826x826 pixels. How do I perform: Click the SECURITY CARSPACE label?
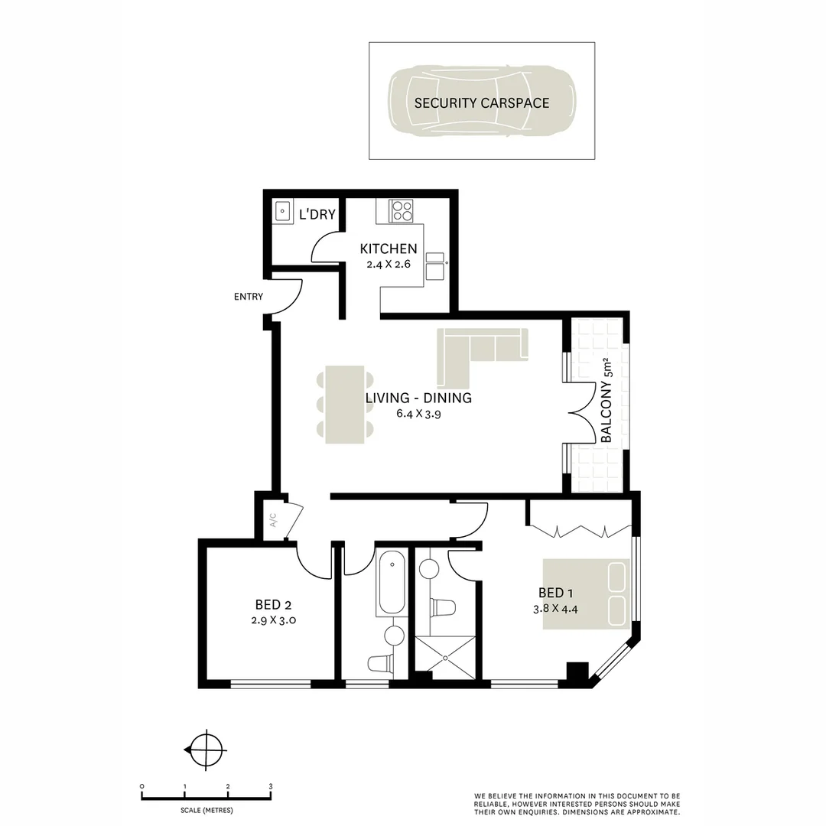482,102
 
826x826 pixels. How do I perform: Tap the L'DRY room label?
317,214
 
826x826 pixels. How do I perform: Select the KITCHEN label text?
389,249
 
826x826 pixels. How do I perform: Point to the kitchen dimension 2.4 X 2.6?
389,265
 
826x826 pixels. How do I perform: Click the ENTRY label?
249,297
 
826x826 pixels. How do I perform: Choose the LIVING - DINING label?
418,398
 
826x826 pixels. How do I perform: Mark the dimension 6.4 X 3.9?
418,415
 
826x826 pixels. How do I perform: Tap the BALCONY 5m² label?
609,401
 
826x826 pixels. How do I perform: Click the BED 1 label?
556,593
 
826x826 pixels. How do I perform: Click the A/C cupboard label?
273,521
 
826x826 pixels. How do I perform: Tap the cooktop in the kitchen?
402,210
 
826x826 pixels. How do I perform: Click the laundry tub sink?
282,211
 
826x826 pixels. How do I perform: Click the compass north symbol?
206,750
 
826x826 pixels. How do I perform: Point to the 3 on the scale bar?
271,786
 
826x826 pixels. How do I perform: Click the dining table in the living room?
345,405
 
